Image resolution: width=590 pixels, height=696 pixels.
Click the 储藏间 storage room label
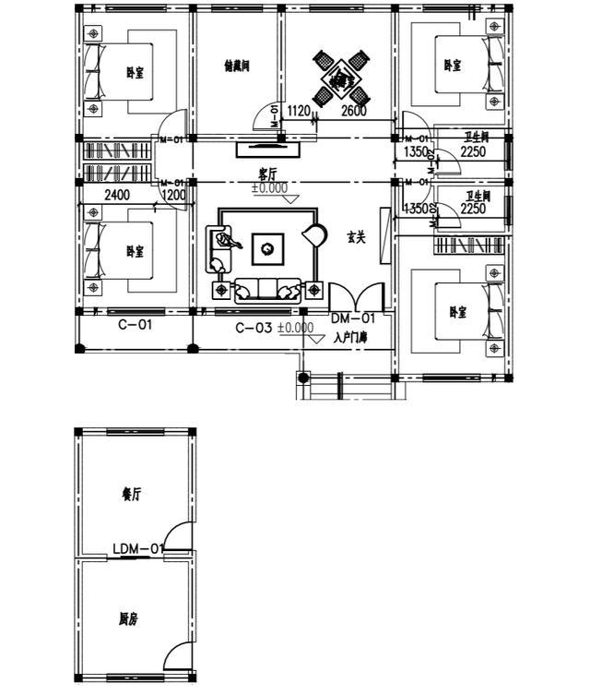(237, 66)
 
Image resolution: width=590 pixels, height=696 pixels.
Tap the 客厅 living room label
(268, 173)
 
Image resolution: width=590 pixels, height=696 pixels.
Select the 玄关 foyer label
(356, 237)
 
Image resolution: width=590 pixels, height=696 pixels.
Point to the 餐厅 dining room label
(131, 494)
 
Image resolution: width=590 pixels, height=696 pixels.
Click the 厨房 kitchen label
(128, 619)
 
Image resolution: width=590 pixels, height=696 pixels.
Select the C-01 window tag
(135, 325)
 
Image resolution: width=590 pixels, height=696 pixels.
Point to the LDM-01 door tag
(138, 548)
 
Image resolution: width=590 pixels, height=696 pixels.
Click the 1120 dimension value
(299, 112)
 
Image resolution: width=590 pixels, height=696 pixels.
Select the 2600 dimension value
(354, 112)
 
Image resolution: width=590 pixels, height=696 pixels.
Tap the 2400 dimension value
(115, 195)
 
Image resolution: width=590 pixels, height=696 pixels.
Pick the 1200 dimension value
(173, 195)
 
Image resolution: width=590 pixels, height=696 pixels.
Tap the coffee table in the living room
(267, 246)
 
